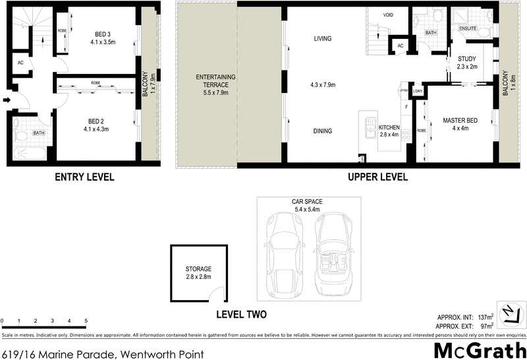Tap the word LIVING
[x=322, y=39]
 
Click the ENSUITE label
[x=468, y=28]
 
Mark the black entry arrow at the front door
[x=7, y=101]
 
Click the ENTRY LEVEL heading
[x=84, y=177]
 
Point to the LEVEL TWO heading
[x=241, y=315]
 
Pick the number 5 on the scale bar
[x=86, y=321]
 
